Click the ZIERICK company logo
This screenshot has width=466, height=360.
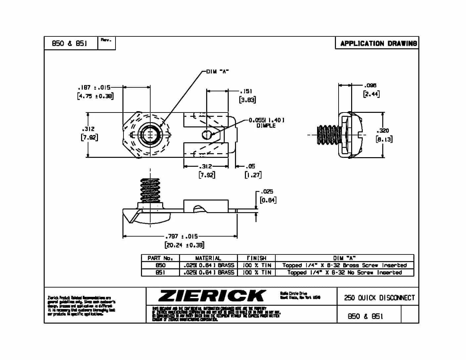(x=212, y=296)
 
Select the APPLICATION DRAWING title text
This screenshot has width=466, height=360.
(x=378, y=43)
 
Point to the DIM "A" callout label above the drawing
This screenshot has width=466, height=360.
(x=217, y=71)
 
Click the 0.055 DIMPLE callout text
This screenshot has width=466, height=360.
(x=266, y=123)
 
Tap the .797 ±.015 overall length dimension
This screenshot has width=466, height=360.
(x=181, y=237)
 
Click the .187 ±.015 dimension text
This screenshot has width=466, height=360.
(x=94, y=88)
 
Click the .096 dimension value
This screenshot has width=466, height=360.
(x=370, y=85)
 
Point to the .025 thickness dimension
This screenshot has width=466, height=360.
(x=267, y=192)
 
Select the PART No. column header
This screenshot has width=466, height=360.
(x=160, y=258)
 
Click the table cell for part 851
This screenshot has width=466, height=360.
(x=160, y=273)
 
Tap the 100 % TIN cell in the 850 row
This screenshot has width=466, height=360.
(x=256, y=265)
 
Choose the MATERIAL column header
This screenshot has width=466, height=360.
(x=208, y=258)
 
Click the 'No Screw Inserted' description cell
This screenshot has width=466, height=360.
(x=345, y=273)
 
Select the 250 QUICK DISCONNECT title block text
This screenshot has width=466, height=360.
(x=379, y=298)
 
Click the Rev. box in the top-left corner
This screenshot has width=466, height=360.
(x=107, y=43)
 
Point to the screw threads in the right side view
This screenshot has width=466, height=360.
(x=329, y=135)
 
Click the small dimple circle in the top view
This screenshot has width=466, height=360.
(x=206, y=135)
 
